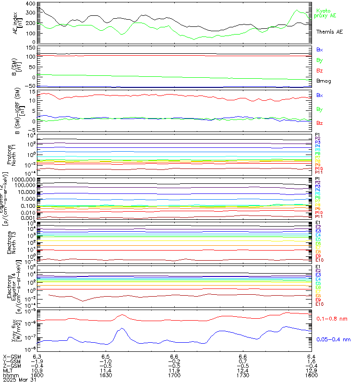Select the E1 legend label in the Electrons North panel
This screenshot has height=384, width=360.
tap(317, 223)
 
